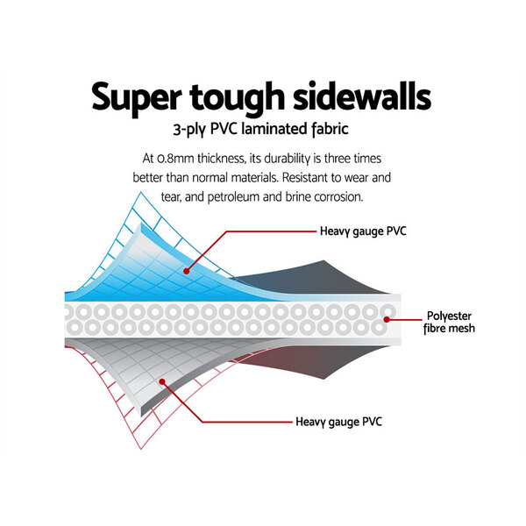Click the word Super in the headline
pyautogui.click(x=137, y=98)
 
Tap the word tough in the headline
pyautogui.click(x=238, y=98)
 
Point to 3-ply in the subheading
pyautogui.click(x=189, y=130)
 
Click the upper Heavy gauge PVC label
pyautogui.click(x=363, y=231)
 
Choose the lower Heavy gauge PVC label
pyautogui.click(x=338, y=422)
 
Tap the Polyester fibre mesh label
pyautogui.click(x=449, y=322)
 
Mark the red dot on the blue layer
pyautogui.click(x=186, y=272)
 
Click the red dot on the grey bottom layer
pyautogui.click(x=162, y=381)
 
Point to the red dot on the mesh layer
pyautogui.click(x=387, y=319)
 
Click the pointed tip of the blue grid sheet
pyautogui.click(x=141, y=192)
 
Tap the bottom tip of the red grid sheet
pyautogui.click(x=141, y=449)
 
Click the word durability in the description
pyautogui.click(x=288, y=159)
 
